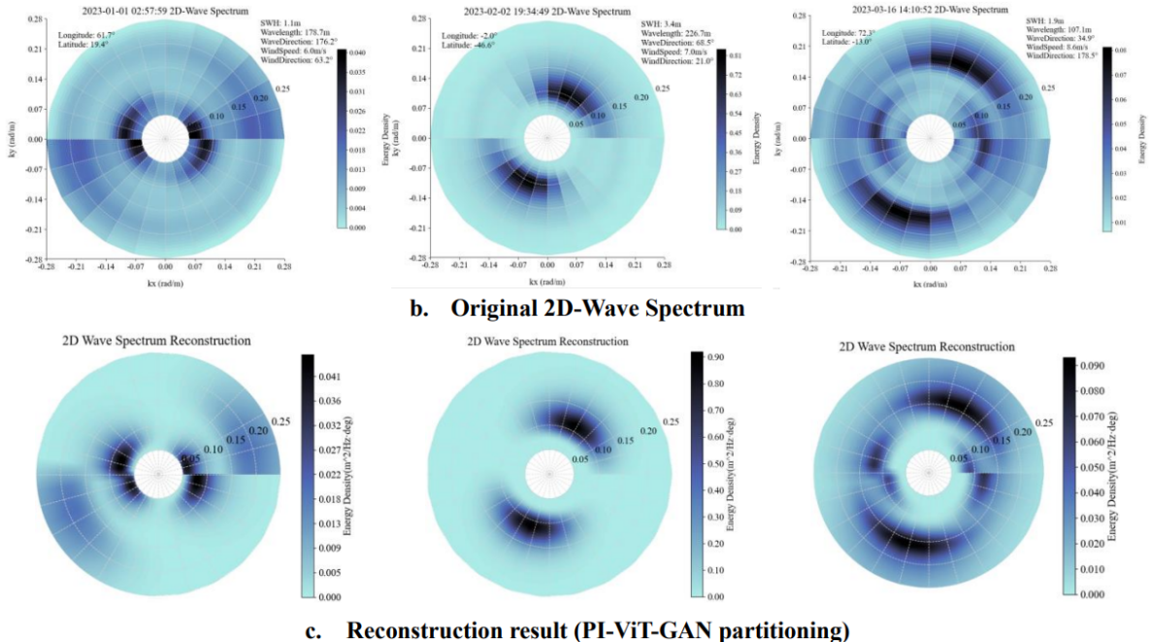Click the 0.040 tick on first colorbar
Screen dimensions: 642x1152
tap(358, 52)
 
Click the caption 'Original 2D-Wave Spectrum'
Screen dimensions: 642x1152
tap(597, 308)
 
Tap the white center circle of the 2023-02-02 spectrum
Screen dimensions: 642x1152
tap(547, 138)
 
